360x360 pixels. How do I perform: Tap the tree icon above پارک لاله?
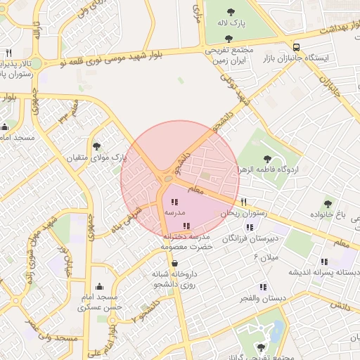coord(231,11)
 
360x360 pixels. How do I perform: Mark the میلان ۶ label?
coord(267,257)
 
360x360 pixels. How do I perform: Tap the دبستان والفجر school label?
coord(263,298)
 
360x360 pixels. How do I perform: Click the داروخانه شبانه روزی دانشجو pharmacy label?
coord(174,279)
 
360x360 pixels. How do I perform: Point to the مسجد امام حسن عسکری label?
coord(99,302)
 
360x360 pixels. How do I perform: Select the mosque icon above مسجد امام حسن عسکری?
coord(98,286)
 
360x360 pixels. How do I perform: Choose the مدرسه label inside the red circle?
coord(174,212)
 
